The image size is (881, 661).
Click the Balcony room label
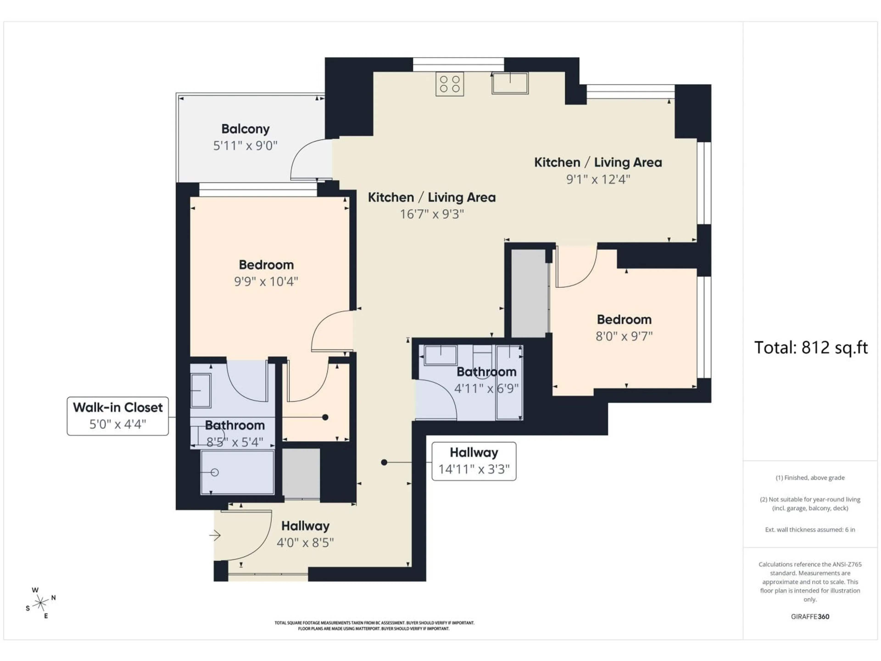[x=245, y=129]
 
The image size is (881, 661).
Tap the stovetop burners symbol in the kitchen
[x=450, y=84]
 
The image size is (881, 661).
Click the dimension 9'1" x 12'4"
[x=598, y=179]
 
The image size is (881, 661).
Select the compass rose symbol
[x=40, y=603]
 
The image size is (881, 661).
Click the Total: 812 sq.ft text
[x=811, y=347]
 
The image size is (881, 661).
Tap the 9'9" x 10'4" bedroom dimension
[x=266, y=282]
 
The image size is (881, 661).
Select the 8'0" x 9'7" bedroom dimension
[x=624, y=336]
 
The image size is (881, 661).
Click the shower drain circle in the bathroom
[x=215, y=473]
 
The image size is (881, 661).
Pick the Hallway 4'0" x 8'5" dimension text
[x=305, y=543]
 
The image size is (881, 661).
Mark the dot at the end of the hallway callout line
[x=384, y=462]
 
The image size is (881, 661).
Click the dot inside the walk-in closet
[x=325, y=417]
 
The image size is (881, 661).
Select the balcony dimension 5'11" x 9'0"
[x=245, y=146]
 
